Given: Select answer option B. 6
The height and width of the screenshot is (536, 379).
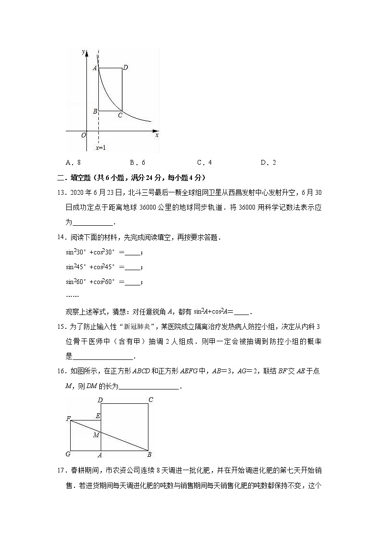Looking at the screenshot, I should pyautogui.click(x=137, y=162).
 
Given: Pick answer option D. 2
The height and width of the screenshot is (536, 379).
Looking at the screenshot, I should pyautogui.click(x=268, y=162).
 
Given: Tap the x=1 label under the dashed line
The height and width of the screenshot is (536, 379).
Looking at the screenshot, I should pyautogui.click(x=100, y=148).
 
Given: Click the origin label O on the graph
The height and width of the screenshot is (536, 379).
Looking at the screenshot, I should pyautogui.click(x=84, y=135).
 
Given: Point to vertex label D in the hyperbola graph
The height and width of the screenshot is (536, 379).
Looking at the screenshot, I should pyautogui.click(x=125, y=68).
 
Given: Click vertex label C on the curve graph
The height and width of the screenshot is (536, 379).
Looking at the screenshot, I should pyautogui.click(x=120, y=115).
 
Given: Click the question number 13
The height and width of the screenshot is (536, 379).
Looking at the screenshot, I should pyautogui.click(x=61, y=192).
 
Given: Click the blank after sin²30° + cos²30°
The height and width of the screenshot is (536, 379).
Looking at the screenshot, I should pyautogui.click(x=134, y=252).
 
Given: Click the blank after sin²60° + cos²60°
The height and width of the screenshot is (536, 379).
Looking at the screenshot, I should pyautogui.click(x=134, y=282).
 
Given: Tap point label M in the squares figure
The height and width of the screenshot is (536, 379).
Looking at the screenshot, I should pyautogui.click(x=96, y=435).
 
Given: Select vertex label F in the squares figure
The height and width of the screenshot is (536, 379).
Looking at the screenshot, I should pyautogui.click(x=68, y=419).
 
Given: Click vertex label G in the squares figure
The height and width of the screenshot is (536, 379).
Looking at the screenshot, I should pyautogui.click(x=68, y=454).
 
